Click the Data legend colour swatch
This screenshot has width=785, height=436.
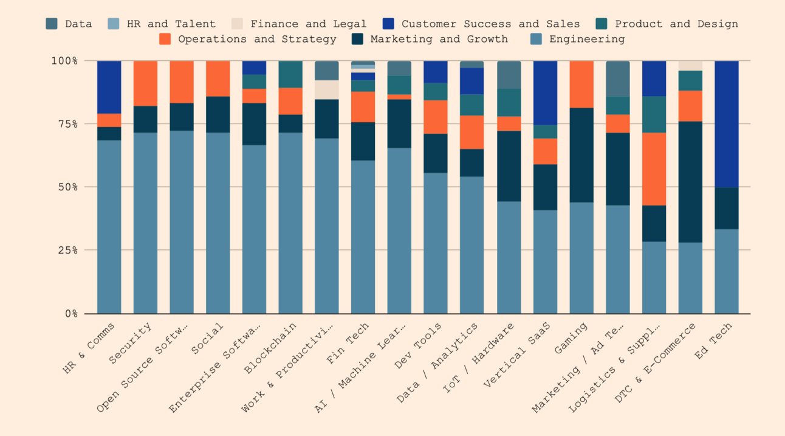coord(52,24)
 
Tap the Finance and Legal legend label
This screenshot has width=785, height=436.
coord(308,24)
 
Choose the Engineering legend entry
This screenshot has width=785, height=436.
coord(586,39)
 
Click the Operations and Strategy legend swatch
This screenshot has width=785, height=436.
coord(165,39)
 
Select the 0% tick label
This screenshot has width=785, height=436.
coord(72,313)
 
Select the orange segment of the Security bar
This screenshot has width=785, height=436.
coord(145,83)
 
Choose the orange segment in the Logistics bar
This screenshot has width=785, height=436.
coord(654,169)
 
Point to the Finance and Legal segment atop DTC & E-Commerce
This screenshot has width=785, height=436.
coord(690,66)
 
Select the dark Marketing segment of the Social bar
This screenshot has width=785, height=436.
coord(218,114)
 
